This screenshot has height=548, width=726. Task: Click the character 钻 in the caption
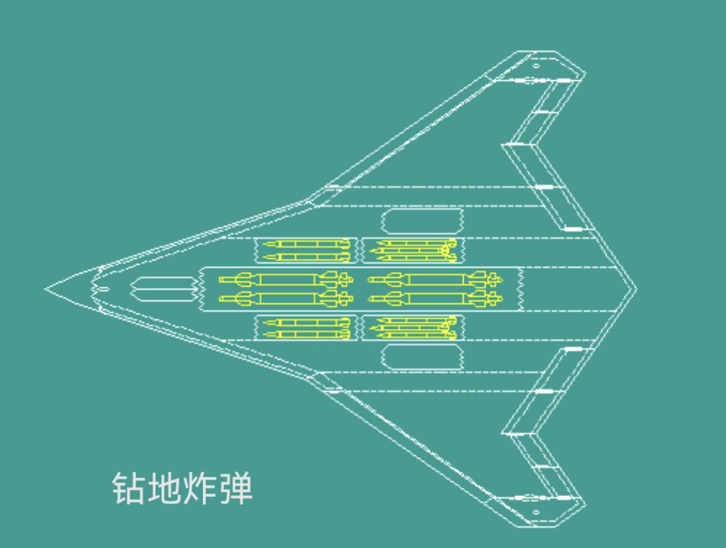[129, 488]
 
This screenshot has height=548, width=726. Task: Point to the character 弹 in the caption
[235, 488]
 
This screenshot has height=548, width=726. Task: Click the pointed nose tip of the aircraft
[47, 289]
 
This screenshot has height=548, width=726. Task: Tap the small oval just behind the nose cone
[103, 289]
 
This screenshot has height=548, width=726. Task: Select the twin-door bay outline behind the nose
[164, 289]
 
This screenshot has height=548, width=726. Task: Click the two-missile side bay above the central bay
[305, 251]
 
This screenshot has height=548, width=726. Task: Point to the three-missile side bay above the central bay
[413, 251]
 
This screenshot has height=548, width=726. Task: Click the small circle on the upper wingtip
[536, 66]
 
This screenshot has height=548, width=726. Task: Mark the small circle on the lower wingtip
[536, 512]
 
